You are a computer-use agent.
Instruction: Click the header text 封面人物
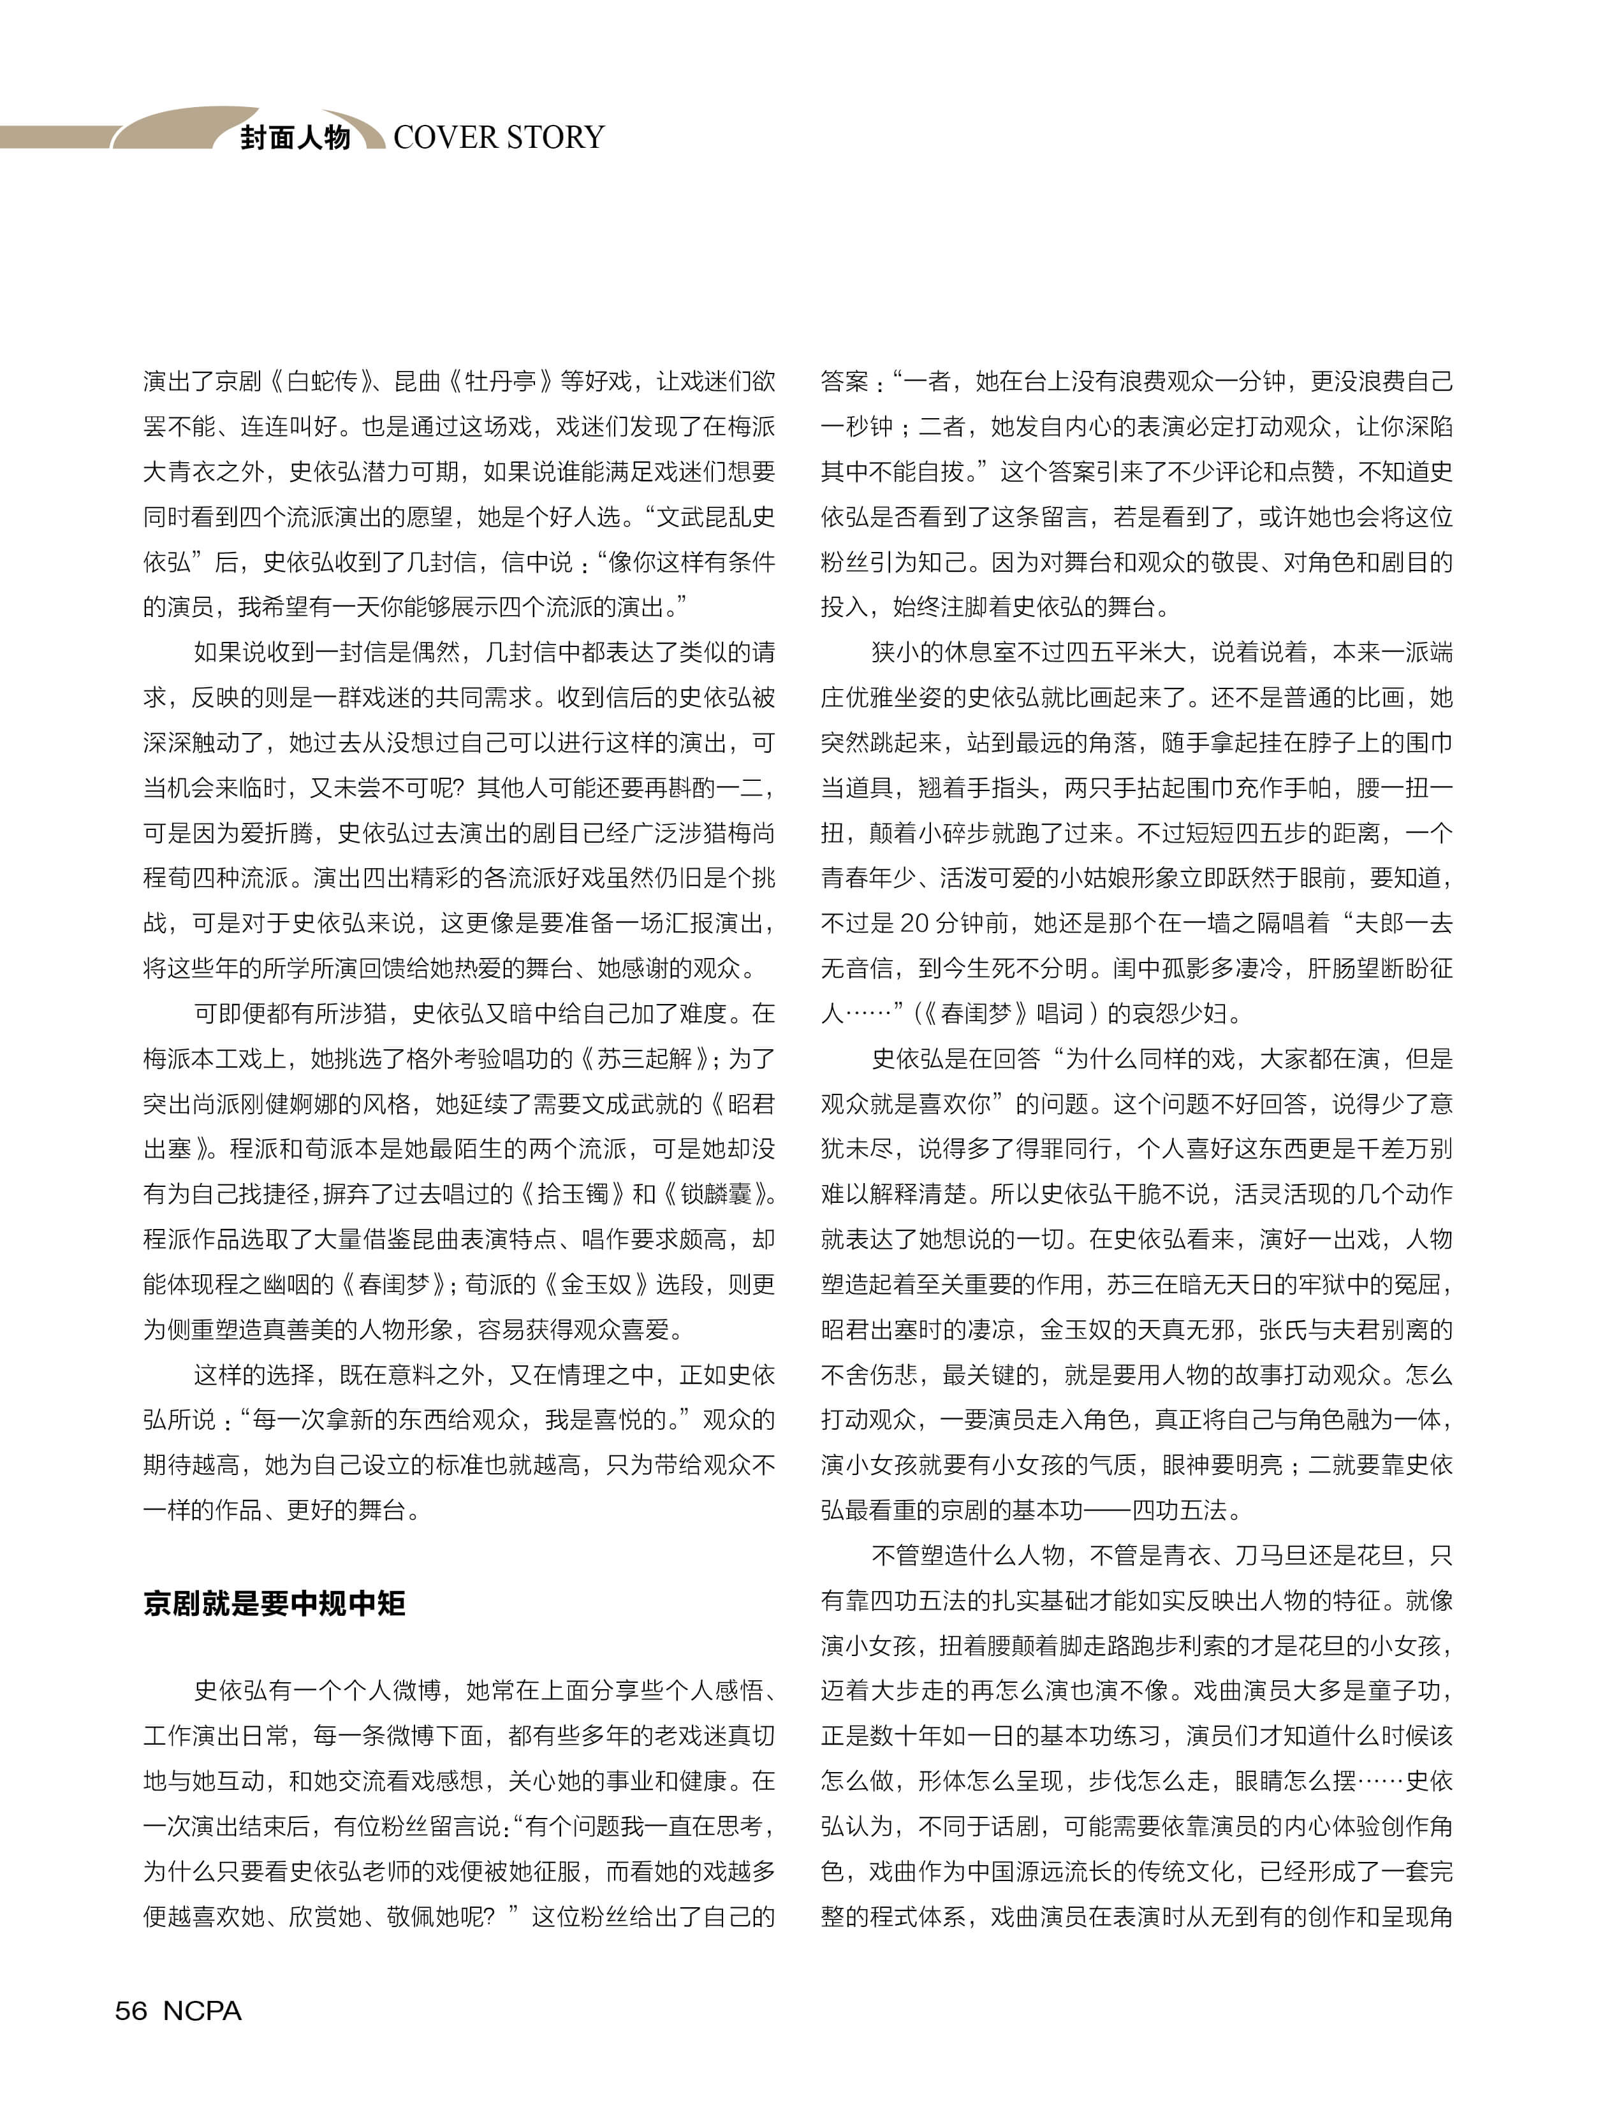click(x=295, y=138)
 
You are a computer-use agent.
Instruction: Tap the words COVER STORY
click(x=498, y=137)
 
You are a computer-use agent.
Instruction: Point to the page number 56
click(x=131, y=2010)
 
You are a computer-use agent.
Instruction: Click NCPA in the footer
click(x=202, y=2010)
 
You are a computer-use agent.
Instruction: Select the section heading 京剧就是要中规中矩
click(x=275, y=1603)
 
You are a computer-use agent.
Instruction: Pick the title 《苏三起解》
click(x=646, y=1059)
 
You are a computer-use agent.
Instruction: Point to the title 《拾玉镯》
click(x=562, y=1195)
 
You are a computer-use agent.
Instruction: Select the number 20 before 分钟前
click(x=914, y=924)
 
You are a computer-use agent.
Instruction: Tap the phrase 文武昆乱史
click(x=716, y=518)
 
